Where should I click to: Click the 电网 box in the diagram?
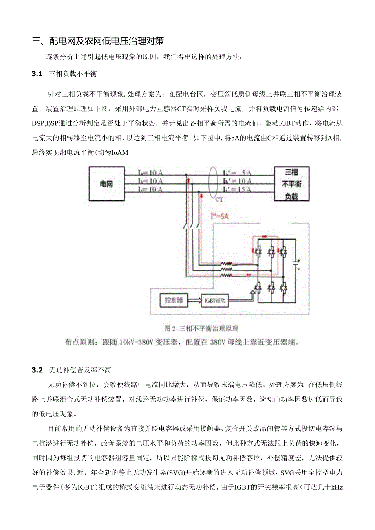pos(106,184)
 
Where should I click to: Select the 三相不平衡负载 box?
pos(291,184)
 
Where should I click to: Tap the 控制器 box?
pos(174,301)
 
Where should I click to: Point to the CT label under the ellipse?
pos(219,200)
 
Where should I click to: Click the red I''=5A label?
pos(218,216)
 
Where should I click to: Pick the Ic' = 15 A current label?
pos(237,189)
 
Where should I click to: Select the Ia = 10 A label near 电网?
pos(150,173)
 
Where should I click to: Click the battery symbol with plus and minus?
pos(298,265)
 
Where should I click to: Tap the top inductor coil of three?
pos(227,264)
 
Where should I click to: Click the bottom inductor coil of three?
pos(227,275)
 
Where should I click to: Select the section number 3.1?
pos(37,74)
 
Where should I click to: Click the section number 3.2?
pos(37,370)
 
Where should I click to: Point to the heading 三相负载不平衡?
pos(73,74)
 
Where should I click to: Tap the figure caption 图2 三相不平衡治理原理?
pos(201,328)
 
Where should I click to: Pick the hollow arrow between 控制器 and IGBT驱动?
pos(194,301)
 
